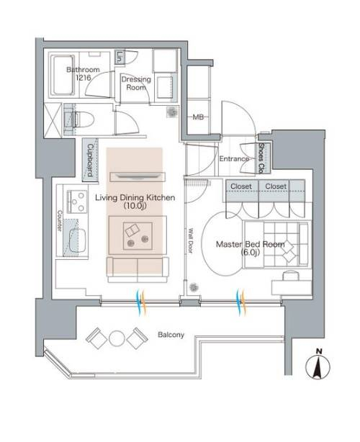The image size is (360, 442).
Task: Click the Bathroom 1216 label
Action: point(83,73)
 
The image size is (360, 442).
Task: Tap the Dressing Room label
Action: point(136,84)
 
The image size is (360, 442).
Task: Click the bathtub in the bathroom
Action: point(63,75)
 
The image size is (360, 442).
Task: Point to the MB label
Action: point(198,117)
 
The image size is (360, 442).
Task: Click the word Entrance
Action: point(234,158)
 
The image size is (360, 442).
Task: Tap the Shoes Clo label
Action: point(261,158)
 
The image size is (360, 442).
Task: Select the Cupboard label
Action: point(90,160)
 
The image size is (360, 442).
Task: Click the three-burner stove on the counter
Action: point(76,202)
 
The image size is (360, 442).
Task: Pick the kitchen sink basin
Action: point(77,240)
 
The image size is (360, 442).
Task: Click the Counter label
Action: point(60,221)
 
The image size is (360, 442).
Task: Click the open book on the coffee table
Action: point(132,230)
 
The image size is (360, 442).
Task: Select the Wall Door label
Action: point(191,240)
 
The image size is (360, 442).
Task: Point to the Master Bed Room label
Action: point(251,248)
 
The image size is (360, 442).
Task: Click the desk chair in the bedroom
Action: point(291,276)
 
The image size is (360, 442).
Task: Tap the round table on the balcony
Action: point(117,338)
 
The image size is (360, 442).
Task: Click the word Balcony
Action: point(171,335)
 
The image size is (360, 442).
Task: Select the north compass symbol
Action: point(318,365)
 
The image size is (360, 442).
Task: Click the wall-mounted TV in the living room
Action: point(138,176)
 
